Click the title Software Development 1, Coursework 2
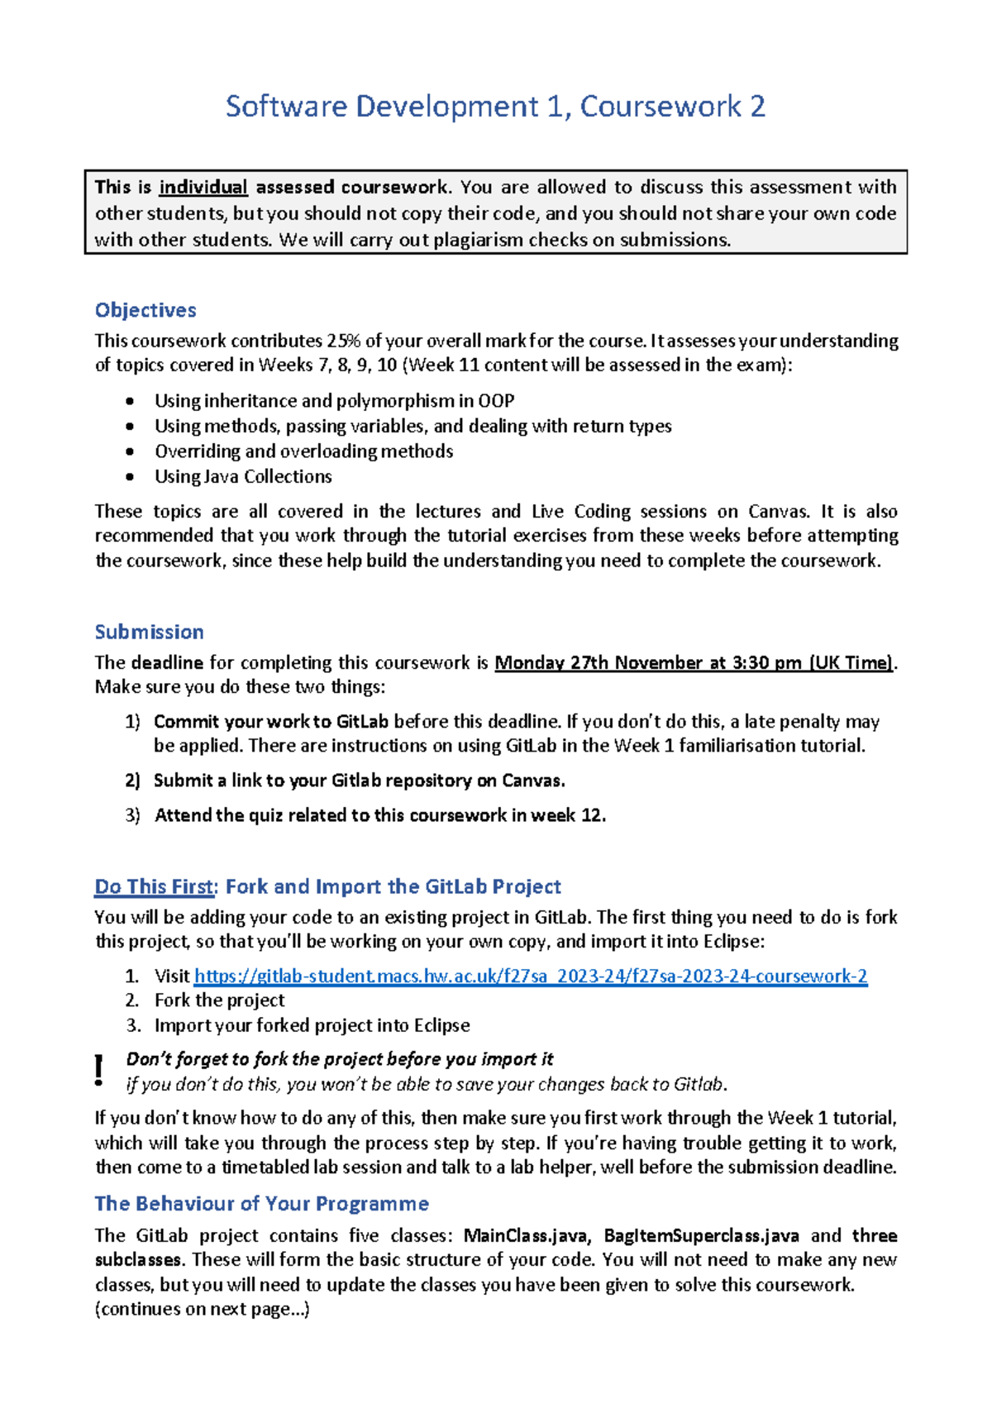[495, 107]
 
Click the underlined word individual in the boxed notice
[203, 188]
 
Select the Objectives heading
[145, 310]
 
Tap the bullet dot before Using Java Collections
[130, 477]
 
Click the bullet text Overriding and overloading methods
[303, 451]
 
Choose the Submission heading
[149, 633]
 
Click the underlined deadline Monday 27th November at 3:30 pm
[694, 663]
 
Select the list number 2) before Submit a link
[132, 781]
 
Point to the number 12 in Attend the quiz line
[591, 815]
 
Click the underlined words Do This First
[154, 887]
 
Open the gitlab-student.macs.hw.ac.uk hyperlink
[531, 977]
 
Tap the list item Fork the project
[219, 1000]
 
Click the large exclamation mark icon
[99, 1070]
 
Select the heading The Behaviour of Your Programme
[261, 1204]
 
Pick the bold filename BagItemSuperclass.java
[701, 1236]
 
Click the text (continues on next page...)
[202, 1309]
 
